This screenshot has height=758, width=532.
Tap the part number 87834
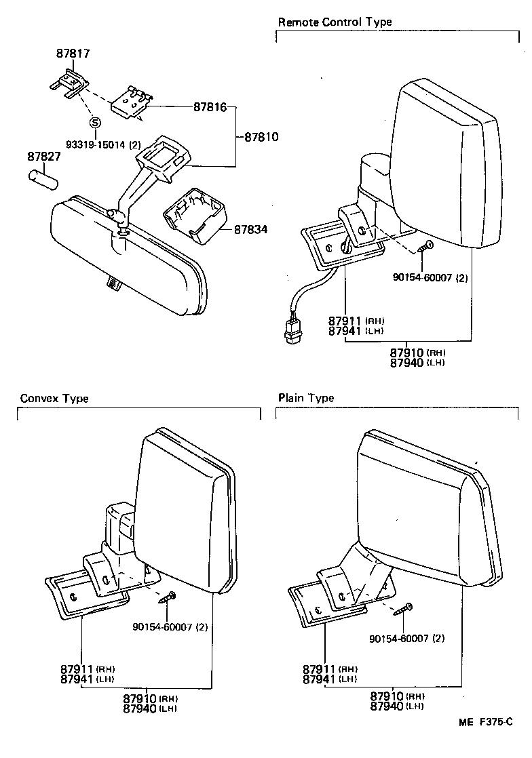coord(250,230)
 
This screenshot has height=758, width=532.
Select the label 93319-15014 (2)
coord(102,144)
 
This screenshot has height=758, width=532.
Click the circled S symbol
coord(95,123)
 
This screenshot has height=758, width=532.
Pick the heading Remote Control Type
coord(335,22)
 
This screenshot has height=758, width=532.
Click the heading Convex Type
coord(54,398)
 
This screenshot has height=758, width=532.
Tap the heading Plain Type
coord(305,398)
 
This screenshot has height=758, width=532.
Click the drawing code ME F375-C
coord(484,742)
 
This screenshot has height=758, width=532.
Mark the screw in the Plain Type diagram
coord(406,608)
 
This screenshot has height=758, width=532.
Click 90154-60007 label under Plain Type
coord(406,638)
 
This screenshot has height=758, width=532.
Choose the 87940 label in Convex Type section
coord(140,709)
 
